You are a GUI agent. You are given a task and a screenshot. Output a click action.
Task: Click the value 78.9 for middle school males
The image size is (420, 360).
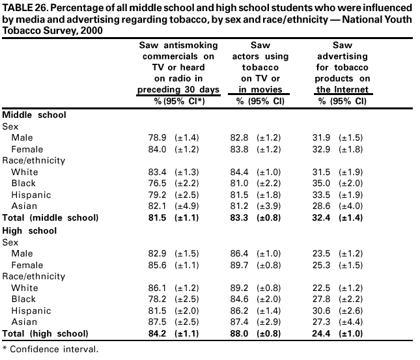(160, 137)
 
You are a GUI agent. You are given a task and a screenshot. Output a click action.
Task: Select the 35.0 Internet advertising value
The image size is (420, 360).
(324, 183)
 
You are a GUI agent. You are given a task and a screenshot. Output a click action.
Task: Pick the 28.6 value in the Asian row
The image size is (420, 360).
(324, 206)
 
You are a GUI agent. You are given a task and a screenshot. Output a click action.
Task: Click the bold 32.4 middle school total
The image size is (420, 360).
(324, 217)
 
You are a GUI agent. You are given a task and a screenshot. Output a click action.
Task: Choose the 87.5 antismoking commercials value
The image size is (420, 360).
(160, 321)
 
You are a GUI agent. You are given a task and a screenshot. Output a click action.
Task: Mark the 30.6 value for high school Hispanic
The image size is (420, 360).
(324, 310)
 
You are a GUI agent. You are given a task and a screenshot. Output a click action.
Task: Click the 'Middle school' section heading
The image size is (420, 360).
(35, 115)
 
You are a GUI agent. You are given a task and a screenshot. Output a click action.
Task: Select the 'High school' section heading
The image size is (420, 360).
(30, 230)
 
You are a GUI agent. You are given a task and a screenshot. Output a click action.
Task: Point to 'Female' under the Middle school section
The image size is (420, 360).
(27, 149)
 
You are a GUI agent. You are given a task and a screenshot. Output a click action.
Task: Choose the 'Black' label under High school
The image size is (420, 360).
(25, 299)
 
